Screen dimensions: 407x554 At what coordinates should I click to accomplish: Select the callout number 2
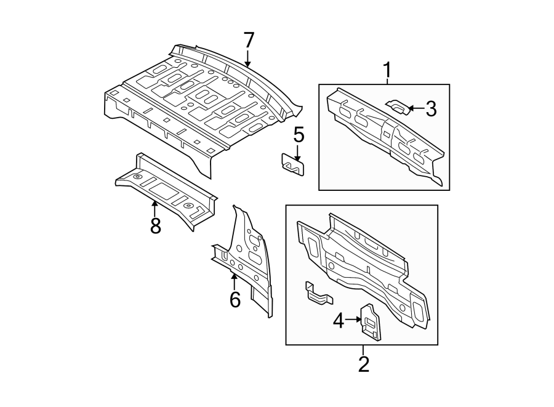click(363, 364)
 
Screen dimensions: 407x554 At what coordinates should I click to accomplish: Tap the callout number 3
click(430, 109)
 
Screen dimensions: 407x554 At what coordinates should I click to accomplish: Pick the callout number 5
click(299, 134)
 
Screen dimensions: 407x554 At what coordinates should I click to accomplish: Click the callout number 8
click(155, 225)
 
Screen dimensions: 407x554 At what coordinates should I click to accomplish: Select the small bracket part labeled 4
click(371, 321)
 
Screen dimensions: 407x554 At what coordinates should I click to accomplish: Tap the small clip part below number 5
click(293, 164)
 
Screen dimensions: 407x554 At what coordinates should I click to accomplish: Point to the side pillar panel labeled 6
click(249, 259)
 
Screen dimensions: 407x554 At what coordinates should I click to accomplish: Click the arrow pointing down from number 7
click(248, 60)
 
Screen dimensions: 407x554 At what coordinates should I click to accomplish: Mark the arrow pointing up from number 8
click(155, 208)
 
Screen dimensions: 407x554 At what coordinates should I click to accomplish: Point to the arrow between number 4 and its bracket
click(353, 320)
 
